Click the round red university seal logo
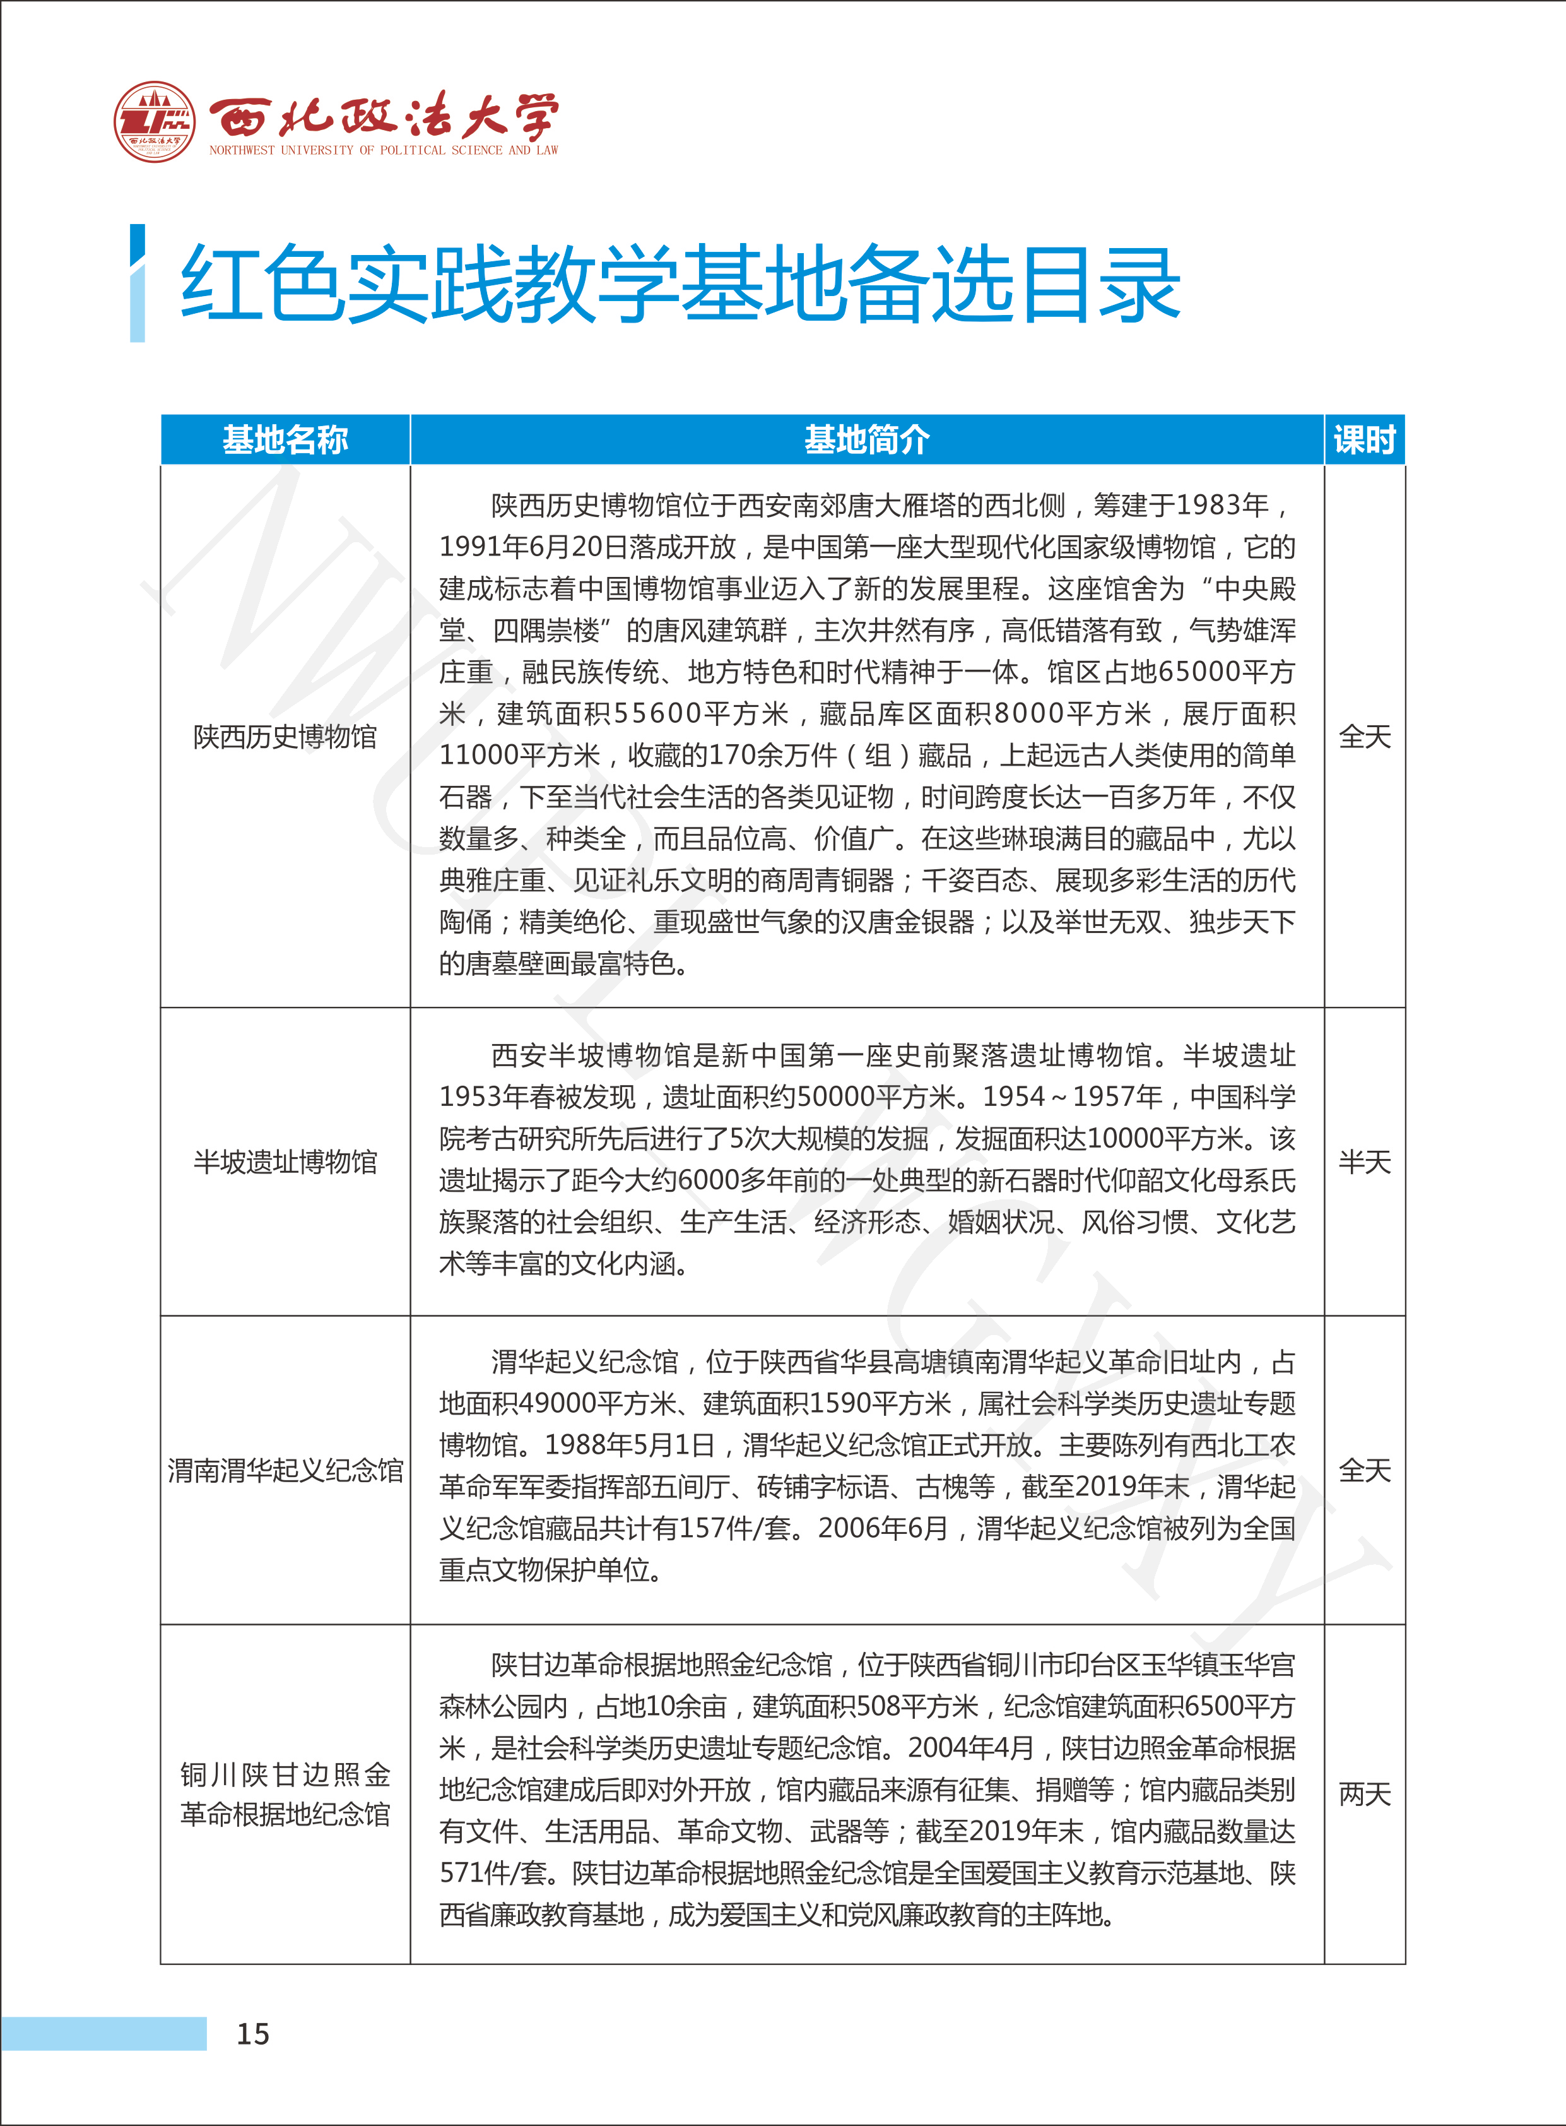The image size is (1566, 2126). [x=155, y=121]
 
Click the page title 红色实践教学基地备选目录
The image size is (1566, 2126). [x=680, y=283]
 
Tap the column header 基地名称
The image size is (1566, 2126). [x=285, y=440]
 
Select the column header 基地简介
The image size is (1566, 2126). [x=866, y=440]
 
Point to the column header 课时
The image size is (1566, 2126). [x=1364, y=440]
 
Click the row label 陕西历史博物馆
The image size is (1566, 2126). [x=285, y=736]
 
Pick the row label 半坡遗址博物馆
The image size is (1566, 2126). [x=285, y=1161]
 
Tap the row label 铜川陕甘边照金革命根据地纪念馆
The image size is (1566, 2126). [x=285, y=1794]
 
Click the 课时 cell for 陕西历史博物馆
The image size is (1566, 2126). [x=1364, y=736]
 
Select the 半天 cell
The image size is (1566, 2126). [x=1364, y=1161]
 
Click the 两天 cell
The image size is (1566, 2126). [x=1364, y=1793]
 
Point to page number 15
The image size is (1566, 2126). [x=252, y=2033]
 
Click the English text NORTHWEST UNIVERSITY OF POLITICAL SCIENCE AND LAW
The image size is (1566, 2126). [x=384, y=150]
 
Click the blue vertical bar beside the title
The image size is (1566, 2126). [x=138, y=283]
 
